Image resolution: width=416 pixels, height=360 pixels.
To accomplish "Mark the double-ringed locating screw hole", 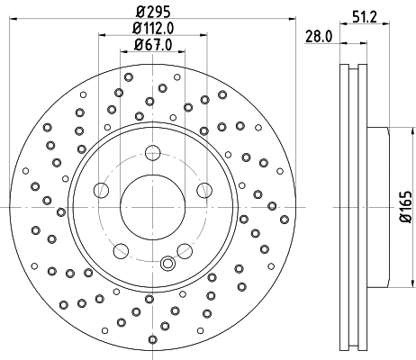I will [x=166, y=264].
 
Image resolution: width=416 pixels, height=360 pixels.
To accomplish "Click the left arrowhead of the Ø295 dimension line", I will [x=11, y=20].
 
